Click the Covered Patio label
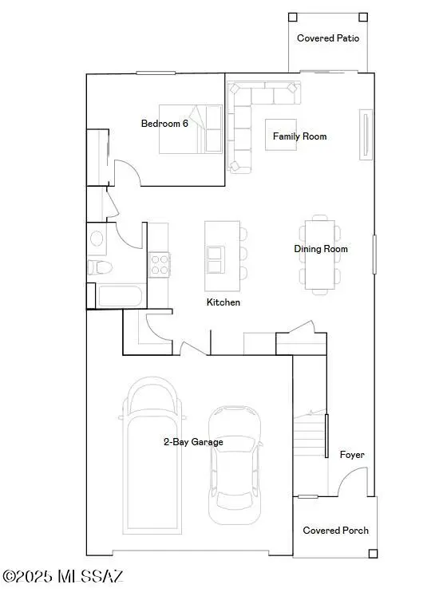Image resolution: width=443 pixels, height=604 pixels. coord(327,38)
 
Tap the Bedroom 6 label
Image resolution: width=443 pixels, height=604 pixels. coord(165,123)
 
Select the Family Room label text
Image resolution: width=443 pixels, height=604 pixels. coord(299,136)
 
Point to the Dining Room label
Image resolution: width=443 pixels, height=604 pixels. coord(321,249)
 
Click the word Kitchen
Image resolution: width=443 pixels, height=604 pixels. coord(223,302)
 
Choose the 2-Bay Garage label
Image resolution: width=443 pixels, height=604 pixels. coord(193,441)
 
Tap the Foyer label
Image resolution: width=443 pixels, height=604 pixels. coord(352,455)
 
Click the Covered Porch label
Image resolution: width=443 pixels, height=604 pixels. coord(335,531)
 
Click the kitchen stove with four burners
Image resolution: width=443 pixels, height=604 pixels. coord(159,264)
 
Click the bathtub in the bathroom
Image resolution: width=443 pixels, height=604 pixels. coord(120,297)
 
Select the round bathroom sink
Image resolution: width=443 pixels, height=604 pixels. coord(96,238)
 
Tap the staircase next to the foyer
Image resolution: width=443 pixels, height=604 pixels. coord(310,447)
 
